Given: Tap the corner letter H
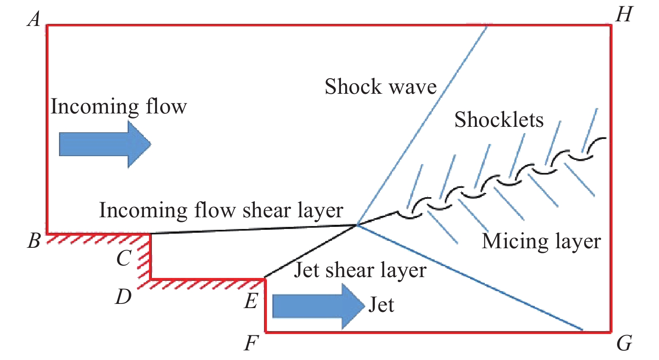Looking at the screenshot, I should click(624, 15).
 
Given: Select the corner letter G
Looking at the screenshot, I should click(624, 344).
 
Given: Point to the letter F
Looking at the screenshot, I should click(251, 344).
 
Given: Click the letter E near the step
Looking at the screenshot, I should click(251, 301).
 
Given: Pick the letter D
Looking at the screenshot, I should click(123, 297).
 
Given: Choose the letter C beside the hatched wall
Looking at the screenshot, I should click(124, 258).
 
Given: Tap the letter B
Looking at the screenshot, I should click(34, 241).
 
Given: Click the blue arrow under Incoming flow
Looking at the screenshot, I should click(105, 144).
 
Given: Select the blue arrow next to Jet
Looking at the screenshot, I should click(318, 306).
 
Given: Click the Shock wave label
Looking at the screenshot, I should click(380, 87).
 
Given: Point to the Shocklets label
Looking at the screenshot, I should click(499, 120).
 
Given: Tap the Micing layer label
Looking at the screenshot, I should click(541, 242).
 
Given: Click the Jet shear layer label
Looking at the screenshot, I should click(360, 270).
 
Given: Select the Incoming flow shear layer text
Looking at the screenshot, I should click(221, 210).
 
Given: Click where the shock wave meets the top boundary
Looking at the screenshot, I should click(487, 26).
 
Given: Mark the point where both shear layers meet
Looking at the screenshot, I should click(357, 225).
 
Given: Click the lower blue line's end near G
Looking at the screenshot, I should click(582, 330).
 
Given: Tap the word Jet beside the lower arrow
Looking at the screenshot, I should click(381, 305).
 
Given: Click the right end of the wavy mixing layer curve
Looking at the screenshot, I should click(605, 139).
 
